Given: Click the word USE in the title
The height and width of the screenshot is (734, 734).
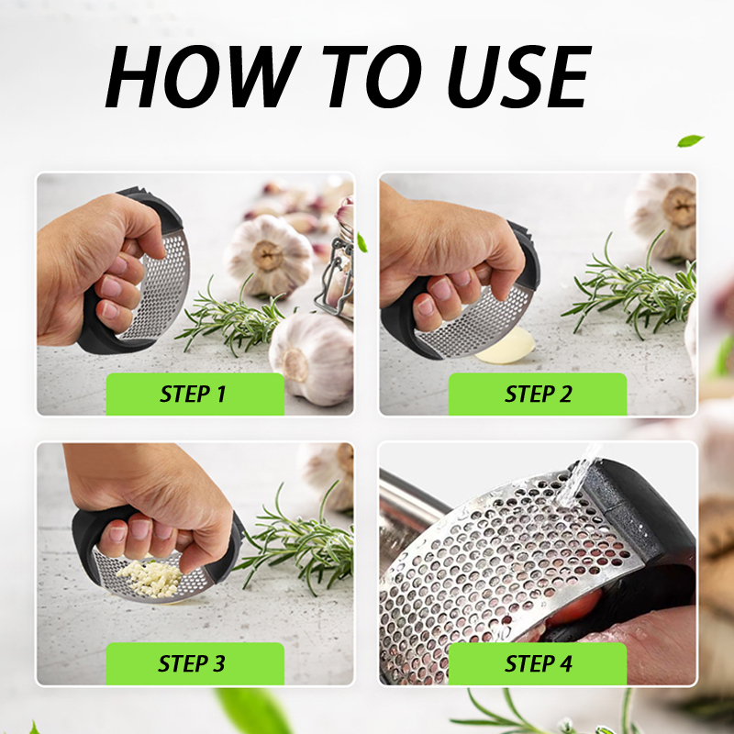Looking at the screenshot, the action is pos(519,76).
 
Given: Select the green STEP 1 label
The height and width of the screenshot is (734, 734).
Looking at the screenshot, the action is pos(195,394).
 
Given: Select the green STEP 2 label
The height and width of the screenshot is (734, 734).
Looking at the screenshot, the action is pos(538,394).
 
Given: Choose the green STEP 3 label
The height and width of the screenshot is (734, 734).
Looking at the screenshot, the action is pos(195,663).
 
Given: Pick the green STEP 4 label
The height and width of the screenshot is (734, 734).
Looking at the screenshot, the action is pos(538,663).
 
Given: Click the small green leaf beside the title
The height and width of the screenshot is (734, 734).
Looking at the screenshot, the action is pos(690,140).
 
